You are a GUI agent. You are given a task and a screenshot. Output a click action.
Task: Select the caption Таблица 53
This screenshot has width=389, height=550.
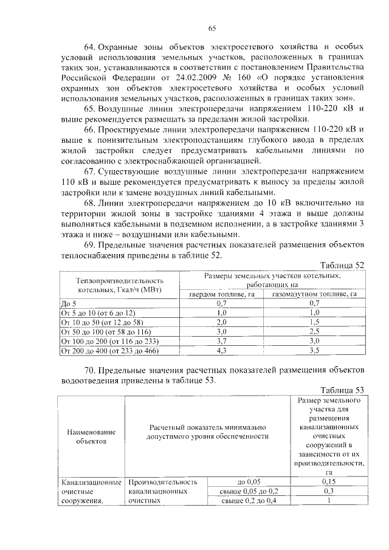pyautogui.click(x=342, y=390)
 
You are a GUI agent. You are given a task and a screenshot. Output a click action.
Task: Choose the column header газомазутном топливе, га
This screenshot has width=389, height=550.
pyautogui.click(x=314, y=294)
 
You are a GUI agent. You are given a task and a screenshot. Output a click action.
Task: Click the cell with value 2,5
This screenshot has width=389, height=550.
pyautogui.click(x=314, y=331)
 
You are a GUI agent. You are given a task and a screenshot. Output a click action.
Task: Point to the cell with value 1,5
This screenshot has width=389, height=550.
pyautogui.click(x=314, y=321)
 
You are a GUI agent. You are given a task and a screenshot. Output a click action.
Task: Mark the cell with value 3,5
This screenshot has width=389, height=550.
pyautogui.click(x=314, y=351)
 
